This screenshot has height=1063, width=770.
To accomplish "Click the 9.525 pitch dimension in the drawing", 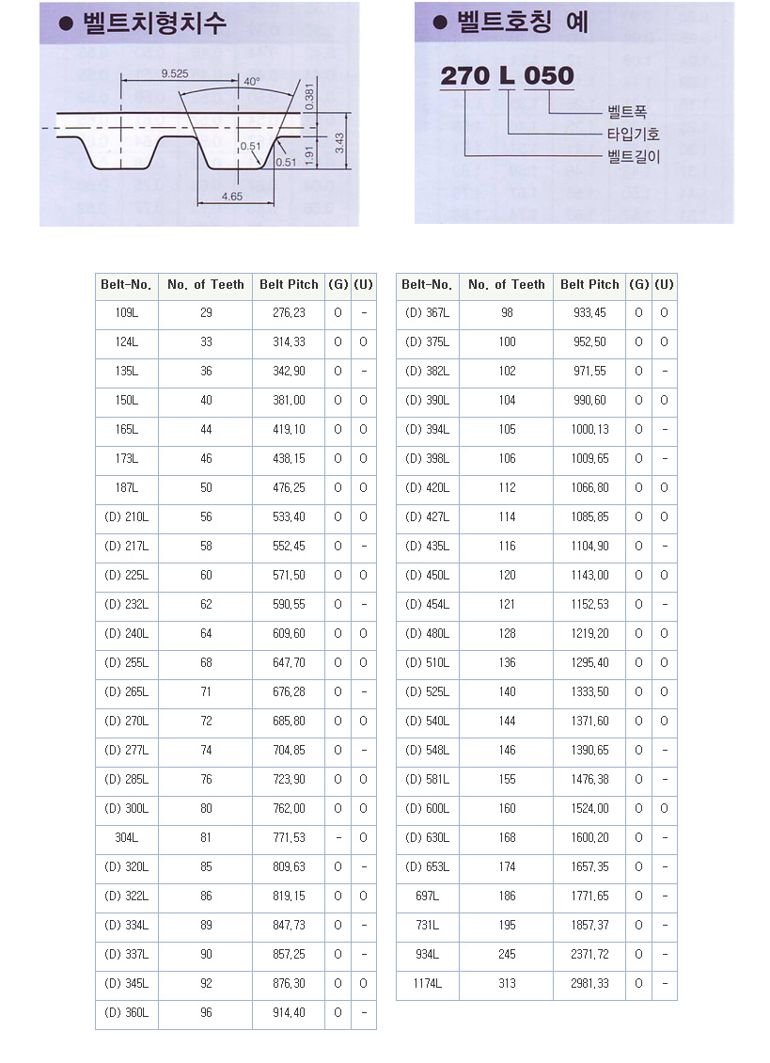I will (x=175, y=72).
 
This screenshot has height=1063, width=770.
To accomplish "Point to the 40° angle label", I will (x=251, y=82).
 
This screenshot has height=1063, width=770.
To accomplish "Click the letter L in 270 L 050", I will (x=507, y=76).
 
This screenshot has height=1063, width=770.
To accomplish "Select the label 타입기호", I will (x=634, y=135).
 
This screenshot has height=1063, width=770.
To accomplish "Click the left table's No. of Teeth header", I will (x=205, y=284).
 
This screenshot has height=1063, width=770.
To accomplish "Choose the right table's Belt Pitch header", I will (x=589, y=284).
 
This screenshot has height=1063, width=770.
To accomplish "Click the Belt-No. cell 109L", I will (x=127, y=313).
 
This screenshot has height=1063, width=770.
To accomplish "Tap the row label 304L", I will (x=127, y=838).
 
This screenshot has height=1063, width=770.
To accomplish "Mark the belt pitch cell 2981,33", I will (x=589, y=984).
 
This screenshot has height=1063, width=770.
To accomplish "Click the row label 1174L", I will (x=427, y=984).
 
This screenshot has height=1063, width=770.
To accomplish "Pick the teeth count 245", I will (x=507, y=955).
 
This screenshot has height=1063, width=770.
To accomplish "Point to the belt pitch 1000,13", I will (x=589, y=430).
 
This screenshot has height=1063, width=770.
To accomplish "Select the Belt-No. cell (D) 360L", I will (x=127, y=1013).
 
